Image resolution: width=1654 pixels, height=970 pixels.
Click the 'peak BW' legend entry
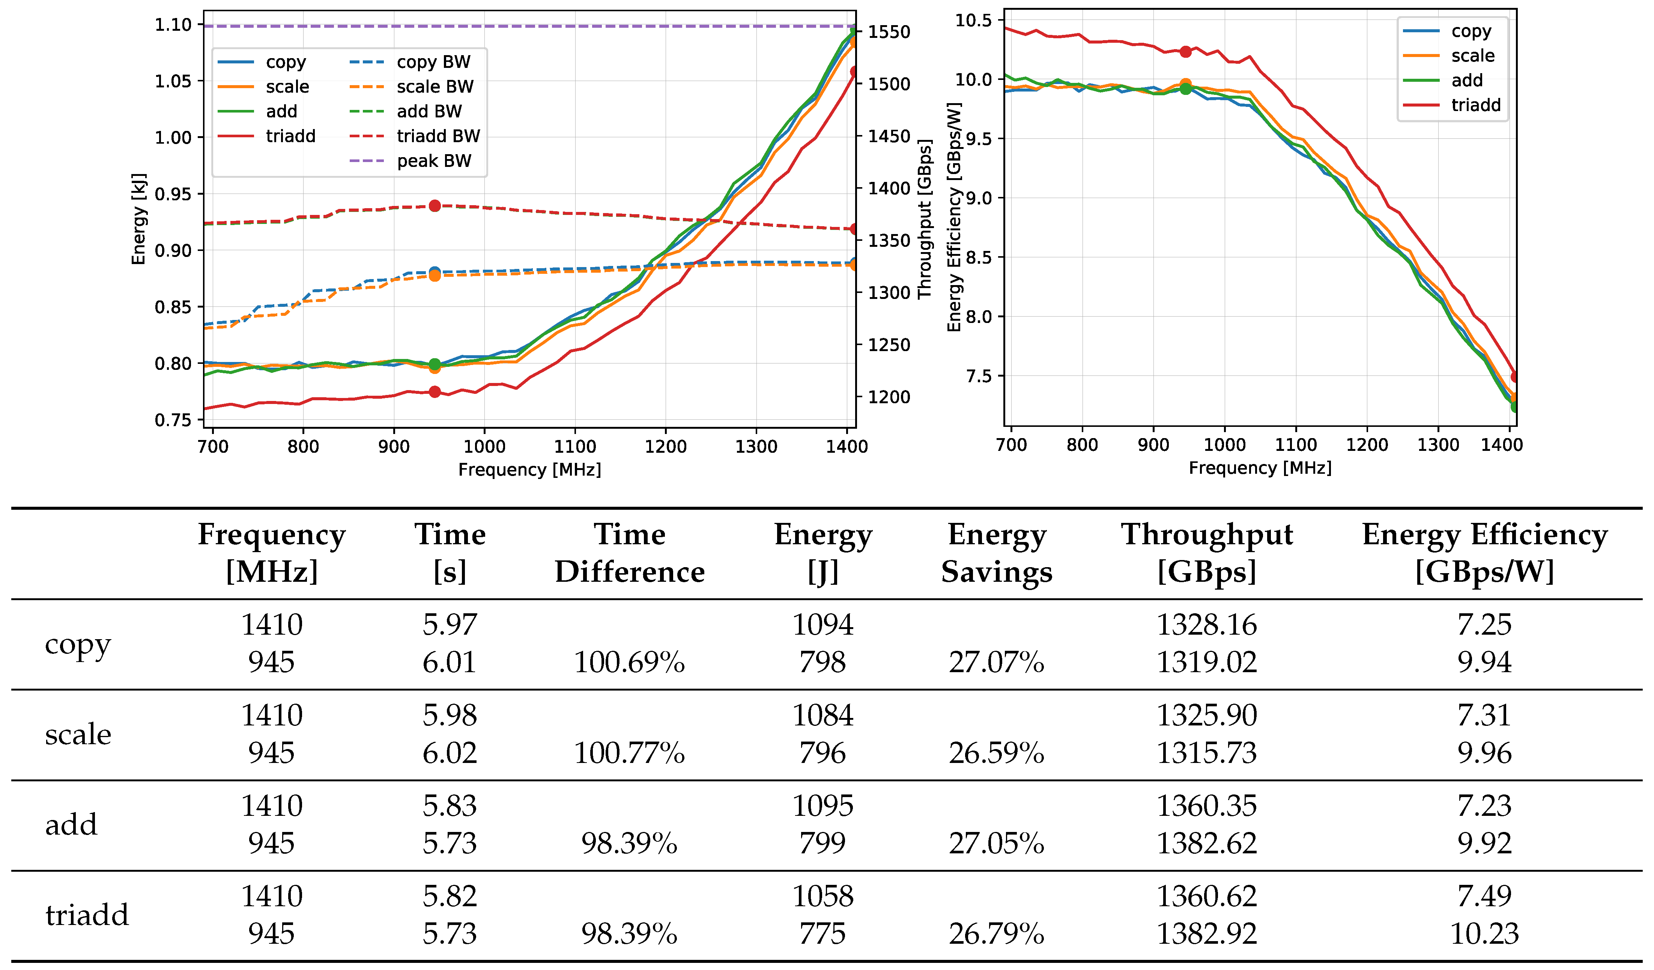[x=433, y=161]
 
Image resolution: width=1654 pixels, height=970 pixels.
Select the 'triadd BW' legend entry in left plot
[x=438, y=136]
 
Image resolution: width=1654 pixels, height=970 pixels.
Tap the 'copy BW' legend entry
[x=433, y=62]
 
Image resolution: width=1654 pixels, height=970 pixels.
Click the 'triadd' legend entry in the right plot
[x=1475, y=105]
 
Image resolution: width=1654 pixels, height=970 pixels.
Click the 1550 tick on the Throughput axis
[x=889, y=32]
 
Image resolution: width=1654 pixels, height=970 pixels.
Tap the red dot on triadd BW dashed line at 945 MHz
[x=435, y=206]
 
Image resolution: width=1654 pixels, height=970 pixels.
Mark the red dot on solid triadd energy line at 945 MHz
[x=435, y=392]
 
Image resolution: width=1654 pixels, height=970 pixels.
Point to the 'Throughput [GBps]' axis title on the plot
[x=925, y=219]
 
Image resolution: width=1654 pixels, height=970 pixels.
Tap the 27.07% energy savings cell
[x=996, y=662]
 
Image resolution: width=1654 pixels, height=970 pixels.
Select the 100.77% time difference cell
[x=629, y=753]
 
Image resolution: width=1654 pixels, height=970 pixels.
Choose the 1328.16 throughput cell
[x=1206, y=624]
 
